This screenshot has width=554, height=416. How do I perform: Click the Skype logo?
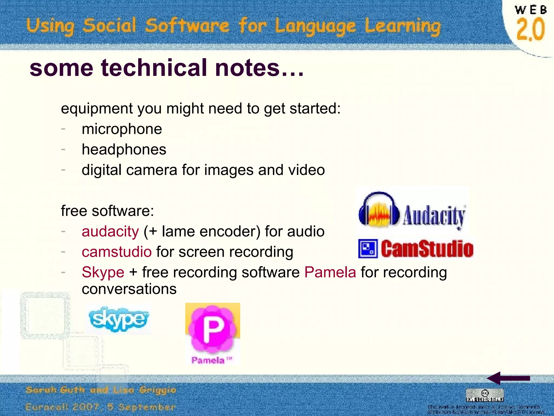[118, 319]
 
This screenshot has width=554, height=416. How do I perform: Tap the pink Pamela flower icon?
[212, 328]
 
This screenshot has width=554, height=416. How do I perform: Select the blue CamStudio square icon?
[368, 249]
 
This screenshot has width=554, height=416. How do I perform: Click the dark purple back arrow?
[508, 378]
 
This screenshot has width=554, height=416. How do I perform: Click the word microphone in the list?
[122, 129]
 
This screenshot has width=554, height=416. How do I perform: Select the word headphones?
[124, 150]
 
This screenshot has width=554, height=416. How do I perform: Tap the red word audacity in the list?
[110, 232]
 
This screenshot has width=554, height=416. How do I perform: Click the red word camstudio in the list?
[117, 252]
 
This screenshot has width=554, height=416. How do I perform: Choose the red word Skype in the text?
[103, 272]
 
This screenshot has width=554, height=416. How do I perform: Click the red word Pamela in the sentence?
[330, 272]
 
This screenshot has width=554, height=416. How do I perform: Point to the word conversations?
[129, 289]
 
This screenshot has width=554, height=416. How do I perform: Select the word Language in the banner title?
[315, 27]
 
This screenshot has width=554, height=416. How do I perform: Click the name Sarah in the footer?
[41, 390]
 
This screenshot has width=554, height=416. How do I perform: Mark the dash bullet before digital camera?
[63, 170]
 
